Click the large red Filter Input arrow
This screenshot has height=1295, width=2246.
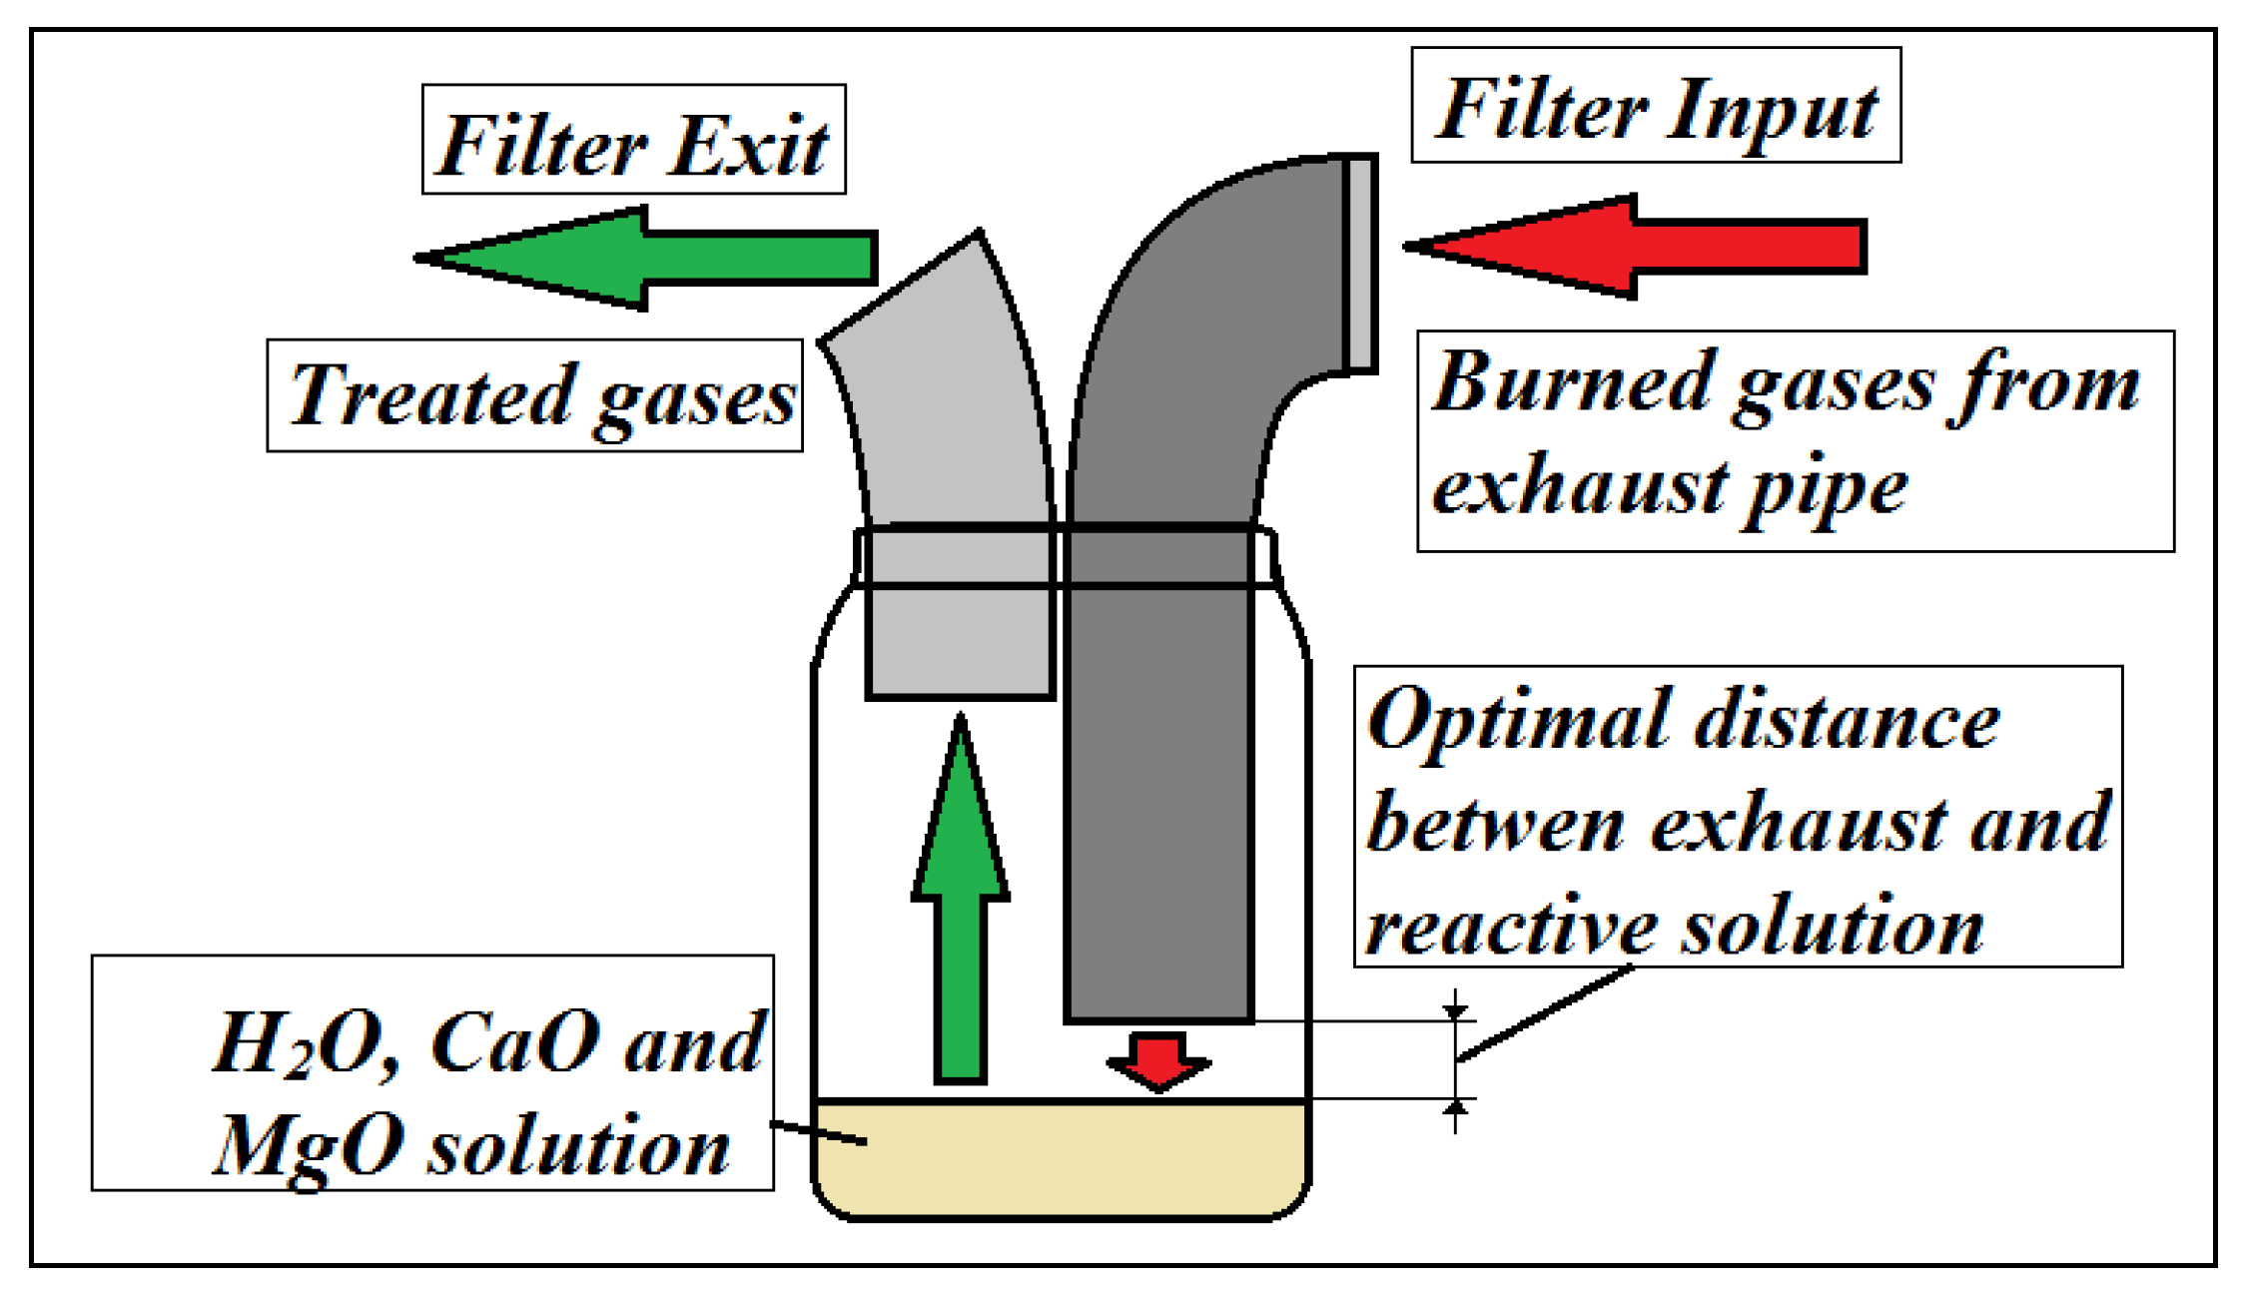tap(1635, 247)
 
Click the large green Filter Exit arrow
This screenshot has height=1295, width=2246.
tap(645, 259)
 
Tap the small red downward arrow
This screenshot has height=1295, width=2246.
tap(1158, 1061)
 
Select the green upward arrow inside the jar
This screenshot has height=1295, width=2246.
tap(961, 899)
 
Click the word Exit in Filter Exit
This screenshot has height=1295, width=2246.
tap(747, 146)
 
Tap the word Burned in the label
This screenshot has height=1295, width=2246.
tap(1572, 381)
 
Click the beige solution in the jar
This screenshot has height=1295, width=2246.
tap(1061, 1158)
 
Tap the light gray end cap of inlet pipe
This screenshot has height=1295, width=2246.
tap(1361, 264)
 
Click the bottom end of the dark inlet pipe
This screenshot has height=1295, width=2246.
tap(1158, 1020)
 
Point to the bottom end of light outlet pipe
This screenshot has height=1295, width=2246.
tap(961, 695)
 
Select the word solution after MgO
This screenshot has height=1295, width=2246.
tap(579, 1148)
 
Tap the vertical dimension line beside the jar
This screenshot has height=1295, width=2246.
tap(1456, 1060)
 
